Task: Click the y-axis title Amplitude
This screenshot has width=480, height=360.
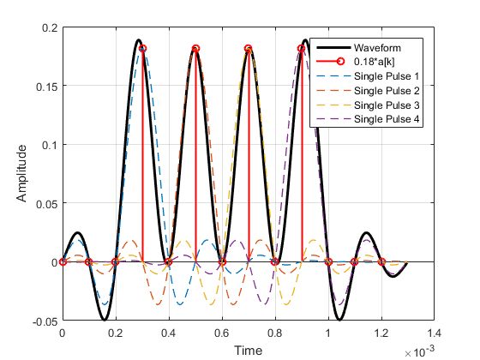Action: point(23,174)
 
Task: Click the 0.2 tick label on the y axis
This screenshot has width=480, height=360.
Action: point(48,28)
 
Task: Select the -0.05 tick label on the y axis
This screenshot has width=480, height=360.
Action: point(44,321)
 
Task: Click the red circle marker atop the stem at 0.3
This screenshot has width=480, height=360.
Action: point(142,49)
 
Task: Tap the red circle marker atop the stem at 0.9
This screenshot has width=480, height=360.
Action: point(302,49)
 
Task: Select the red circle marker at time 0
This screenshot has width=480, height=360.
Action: point(62,261)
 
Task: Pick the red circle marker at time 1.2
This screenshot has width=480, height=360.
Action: point(381,261)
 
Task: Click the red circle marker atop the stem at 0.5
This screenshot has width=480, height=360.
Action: point(195,49)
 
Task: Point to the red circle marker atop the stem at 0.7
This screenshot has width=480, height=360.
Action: point(249,49)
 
